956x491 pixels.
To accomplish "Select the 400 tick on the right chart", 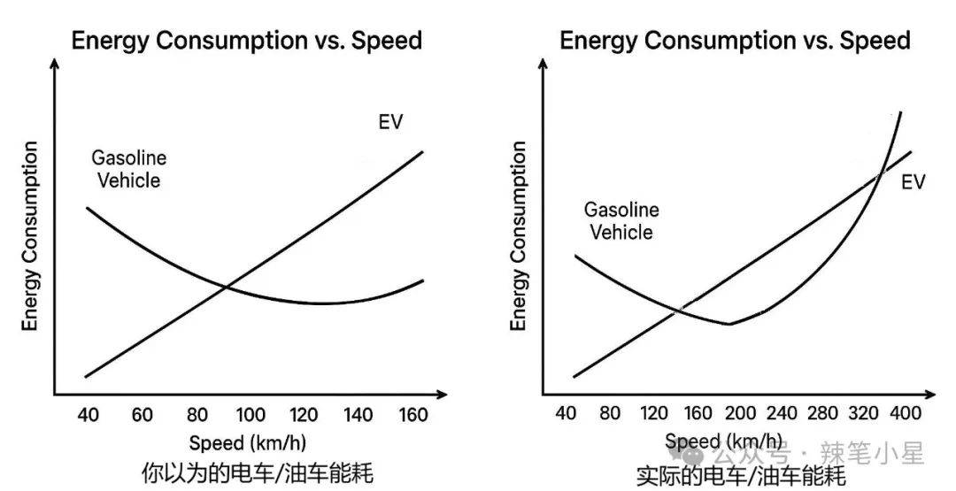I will pyautogui.click(x=904, y=413).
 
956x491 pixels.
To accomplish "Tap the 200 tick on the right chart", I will pyautogui.click(x=740, y=413).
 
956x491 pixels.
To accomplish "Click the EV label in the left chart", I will pyautogui.click(x=390, y=122).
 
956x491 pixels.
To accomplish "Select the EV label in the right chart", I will pyautogui.click(x=913, y=182).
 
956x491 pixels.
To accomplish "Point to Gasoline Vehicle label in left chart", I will pyautogui.click(x=129, y=169).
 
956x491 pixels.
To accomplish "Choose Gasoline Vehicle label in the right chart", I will pyautogui.click(x=621, y=221).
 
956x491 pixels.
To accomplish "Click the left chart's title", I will pyautogui.click(x=246, y=41).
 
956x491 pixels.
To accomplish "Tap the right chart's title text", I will pyautogui.click(x=735, y=41).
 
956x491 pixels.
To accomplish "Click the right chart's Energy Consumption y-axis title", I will pyautogui.click(x=519, y=235).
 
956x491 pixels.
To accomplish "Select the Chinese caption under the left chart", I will pyautogui.click(x=257, y=473).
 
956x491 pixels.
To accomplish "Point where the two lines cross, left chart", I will pyautogui.click(x=227, y=286).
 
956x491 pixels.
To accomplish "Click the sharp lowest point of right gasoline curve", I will pyautogui.click(x=729, y=324).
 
